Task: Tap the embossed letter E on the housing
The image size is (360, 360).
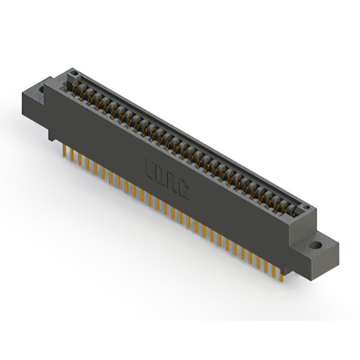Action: (x=151, y=167)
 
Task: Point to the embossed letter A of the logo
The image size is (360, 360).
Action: (x=172, y=181)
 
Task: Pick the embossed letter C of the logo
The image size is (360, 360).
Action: (x=183, y=188)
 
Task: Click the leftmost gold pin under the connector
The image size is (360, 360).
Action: (x=64, y=151)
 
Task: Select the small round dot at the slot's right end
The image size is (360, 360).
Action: (x=306, y=210)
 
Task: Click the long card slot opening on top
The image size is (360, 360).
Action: (x=186, y=143)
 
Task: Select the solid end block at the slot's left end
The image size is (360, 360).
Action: (x=70, y=78)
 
